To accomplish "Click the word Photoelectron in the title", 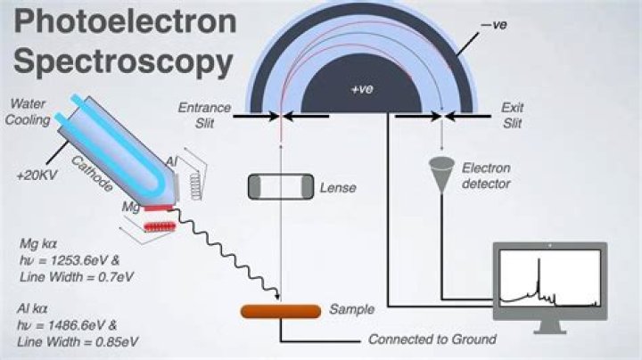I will (x=120, y=22).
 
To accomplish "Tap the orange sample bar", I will (x=281, y=311).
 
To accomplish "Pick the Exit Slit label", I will (x=511, y=115).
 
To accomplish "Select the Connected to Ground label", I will (x=432, y=340).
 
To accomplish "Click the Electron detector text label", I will (x=486, y=176).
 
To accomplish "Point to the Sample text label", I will (x=351, y=309).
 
